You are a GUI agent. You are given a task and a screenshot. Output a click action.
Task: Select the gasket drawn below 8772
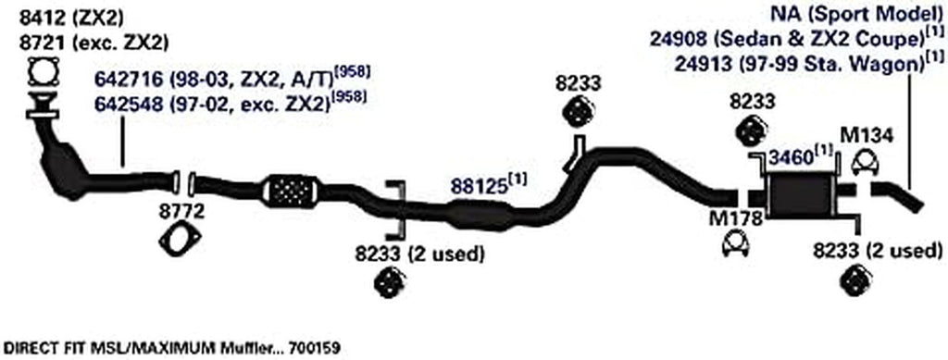[x=175, y=242]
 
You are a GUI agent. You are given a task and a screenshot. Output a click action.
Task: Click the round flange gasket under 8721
[x=42, y=71]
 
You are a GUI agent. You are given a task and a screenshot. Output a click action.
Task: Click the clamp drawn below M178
[x=735, y=245]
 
